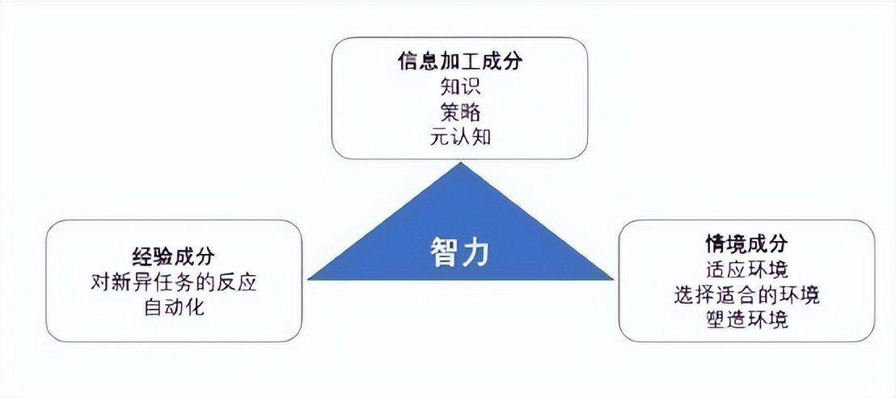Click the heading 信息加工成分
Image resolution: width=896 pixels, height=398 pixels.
click(460, 61)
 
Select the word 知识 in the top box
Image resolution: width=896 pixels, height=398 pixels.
click(460, 87)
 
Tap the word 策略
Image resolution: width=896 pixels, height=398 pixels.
click(460, 112)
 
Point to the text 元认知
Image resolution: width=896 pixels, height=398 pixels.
click(460, 138)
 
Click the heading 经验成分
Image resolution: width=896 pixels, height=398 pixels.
click(174, 256)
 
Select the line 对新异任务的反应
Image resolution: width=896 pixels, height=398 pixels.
click(174, 282)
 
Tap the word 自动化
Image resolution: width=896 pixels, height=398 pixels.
click(174, 307)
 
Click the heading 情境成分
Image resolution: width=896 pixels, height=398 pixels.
click(746, 243)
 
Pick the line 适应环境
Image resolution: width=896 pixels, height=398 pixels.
click(746, 269)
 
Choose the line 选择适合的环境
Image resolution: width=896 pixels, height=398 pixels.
click(746, 294)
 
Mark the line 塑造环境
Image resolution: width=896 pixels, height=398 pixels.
click(746, 320)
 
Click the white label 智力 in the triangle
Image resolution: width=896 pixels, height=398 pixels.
click(459, 253)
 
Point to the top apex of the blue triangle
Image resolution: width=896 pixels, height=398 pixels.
click(461, 163)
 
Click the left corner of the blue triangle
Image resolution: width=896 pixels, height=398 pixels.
click(308, 280)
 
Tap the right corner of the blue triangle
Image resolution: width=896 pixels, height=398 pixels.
click(613, 280)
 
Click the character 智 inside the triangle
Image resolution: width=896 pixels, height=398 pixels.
click(444, 253)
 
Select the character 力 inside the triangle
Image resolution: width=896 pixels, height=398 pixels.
click(475, 253)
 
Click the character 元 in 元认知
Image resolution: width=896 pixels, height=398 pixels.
click(440, 138)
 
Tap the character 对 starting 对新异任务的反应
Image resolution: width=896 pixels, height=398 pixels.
click(101, 282)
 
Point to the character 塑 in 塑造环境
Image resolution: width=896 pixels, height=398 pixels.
click(716, 320)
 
